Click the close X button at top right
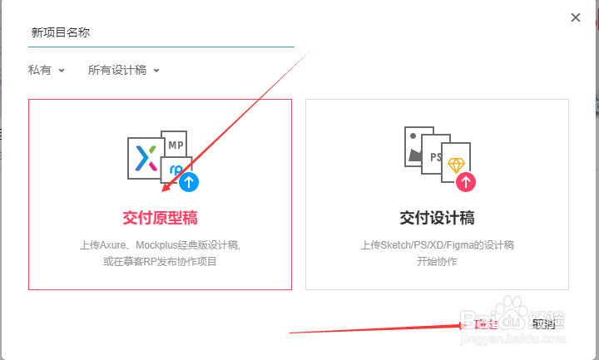(x=575, y=17)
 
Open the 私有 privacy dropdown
(x=47, y=71)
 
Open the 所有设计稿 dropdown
(x=124, y=71)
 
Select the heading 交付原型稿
(x=160, y=218)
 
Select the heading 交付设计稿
(x=437, y=218)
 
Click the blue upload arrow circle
(x=190, y=181)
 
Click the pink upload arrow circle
(x=467, y=181)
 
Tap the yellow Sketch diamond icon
(x=457, y=164)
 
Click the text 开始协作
(x=437, y=262)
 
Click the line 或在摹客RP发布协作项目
(x=160, y=262)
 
